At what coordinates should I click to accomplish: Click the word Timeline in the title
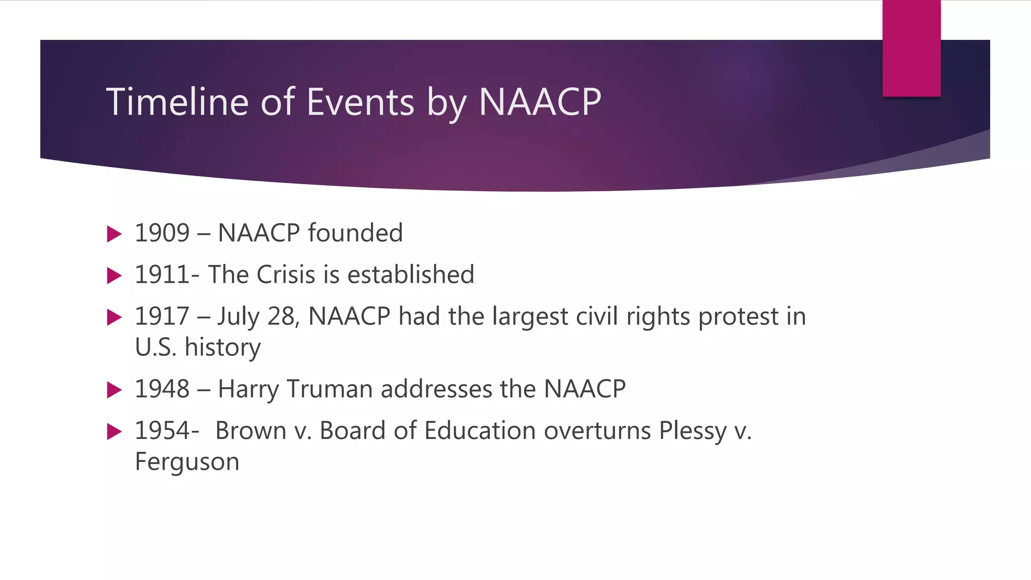[177, 102]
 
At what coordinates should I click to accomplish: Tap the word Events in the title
[360, 102]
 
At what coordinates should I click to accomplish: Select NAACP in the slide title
[540, 102]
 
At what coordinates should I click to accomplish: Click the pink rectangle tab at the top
[911, 48]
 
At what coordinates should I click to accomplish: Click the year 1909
[162, 233]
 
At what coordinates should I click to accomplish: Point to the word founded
[355, 233]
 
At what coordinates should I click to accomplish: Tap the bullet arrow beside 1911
[115, 275]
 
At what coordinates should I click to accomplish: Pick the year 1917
[162, 317]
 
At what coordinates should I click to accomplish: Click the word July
[238, 317]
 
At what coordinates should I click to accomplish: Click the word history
[223, 347]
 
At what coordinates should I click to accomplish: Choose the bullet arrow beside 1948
[115, 390]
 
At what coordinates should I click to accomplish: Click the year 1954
[162, 431]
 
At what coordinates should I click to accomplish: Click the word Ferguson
[187, 462]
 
